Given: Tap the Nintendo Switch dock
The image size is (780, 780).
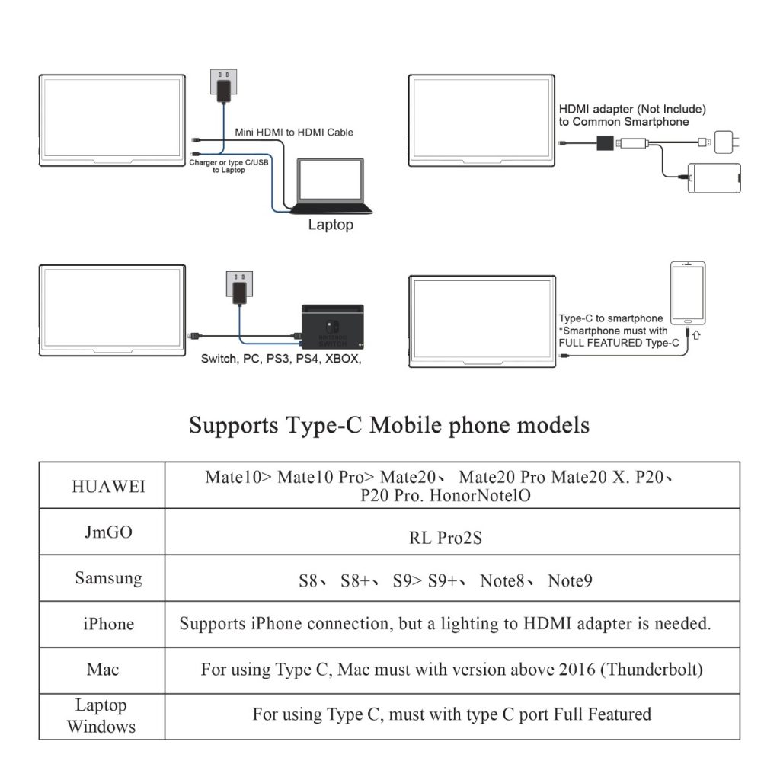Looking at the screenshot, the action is coord(332,327).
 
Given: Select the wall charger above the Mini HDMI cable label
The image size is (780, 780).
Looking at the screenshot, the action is coord(224,86).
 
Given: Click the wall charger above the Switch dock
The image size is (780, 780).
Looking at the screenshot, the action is coord(239,288).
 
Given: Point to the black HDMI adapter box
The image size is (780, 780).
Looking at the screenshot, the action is coord(605,143).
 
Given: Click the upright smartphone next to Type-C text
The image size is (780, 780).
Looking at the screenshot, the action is coord(688,293).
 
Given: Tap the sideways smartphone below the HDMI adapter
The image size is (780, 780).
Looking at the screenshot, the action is coord(714,178).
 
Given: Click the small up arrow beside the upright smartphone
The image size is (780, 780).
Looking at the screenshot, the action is coord(696,335).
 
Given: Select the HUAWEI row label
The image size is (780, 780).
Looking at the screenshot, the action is coord(108,487).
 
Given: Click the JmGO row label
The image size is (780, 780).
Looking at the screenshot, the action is coord(108,532).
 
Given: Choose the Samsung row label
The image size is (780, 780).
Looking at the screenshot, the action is coord(108,578).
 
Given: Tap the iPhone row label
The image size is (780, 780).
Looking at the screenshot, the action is coord(108,624).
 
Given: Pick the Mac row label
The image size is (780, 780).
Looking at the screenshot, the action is coord(103,670).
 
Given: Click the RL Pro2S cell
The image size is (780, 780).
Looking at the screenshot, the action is coord(445,538).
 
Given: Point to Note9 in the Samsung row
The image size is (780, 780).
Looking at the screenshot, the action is coord(570,580).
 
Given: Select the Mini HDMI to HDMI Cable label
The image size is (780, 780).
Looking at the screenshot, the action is coord(294,133).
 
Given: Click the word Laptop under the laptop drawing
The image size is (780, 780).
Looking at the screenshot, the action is coord(331,225).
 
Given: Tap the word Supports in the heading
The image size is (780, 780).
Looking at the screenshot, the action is coord(233,426).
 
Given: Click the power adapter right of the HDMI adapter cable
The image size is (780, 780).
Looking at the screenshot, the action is coord(726,142).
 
